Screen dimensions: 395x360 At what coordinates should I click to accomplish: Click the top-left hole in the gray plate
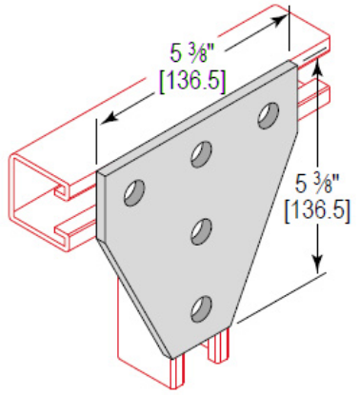(x=133, y=191)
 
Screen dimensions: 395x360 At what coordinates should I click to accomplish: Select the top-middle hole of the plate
(x=201, y=151)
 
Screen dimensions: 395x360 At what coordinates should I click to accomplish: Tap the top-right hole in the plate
(x=267, y=116)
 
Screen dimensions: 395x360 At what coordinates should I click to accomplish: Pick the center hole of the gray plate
(x=201, y=229)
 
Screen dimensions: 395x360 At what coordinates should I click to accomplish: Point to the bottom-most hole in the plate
(x=201, y=307)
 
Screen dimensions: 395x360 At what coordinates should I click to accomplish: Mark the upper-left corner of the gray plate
(x=98, y=173)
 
